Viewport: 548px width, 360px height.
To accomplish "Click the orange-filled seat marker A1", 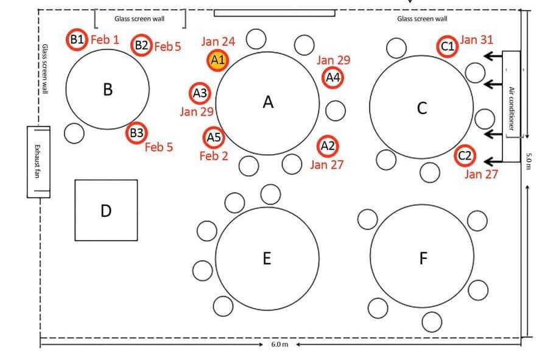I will (218, 60).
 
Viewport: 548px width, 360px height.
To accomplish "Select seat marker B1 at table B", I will (76, 40).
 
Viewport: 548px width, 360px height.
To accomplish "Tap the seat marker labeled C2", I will (465, 156).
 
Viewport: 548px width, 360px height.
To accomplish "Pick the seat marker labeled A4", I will (332, 78).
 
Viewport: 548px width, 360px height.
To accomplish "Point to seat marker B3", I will (136, 133).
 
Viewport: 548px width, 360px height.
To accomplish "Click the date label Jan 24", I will (218, 42).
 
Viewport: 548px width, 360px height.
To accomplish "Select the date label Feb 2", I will (214, 156).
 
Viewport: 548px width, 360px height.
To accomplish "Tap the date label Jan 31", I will (477, 40).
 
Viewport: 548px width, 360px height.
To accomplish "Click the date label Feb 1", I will (105, 40).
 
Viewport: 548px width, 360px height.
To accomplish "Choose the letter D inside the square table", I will (106, 211).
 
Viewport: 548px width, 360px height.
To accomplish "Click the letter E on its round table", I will (267, 259).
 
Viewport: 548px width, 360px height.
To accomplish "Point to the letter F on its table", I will (423, 259).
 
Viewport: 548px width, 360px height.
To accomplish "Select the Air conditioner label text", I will (511, 108).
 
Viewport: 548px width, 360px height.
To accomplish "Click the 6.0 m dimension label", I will (279, 344).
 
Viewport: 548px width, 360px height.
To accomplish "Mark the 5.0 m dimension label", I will (529, 161).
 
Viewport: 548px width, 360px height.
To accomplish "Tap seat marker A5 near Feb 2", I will (214, 138).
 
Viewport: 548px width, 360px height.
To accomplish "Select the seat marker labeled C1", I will (448, 46).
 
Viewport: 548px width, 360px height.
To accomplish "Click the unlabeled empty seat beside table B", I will (74, 133).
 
